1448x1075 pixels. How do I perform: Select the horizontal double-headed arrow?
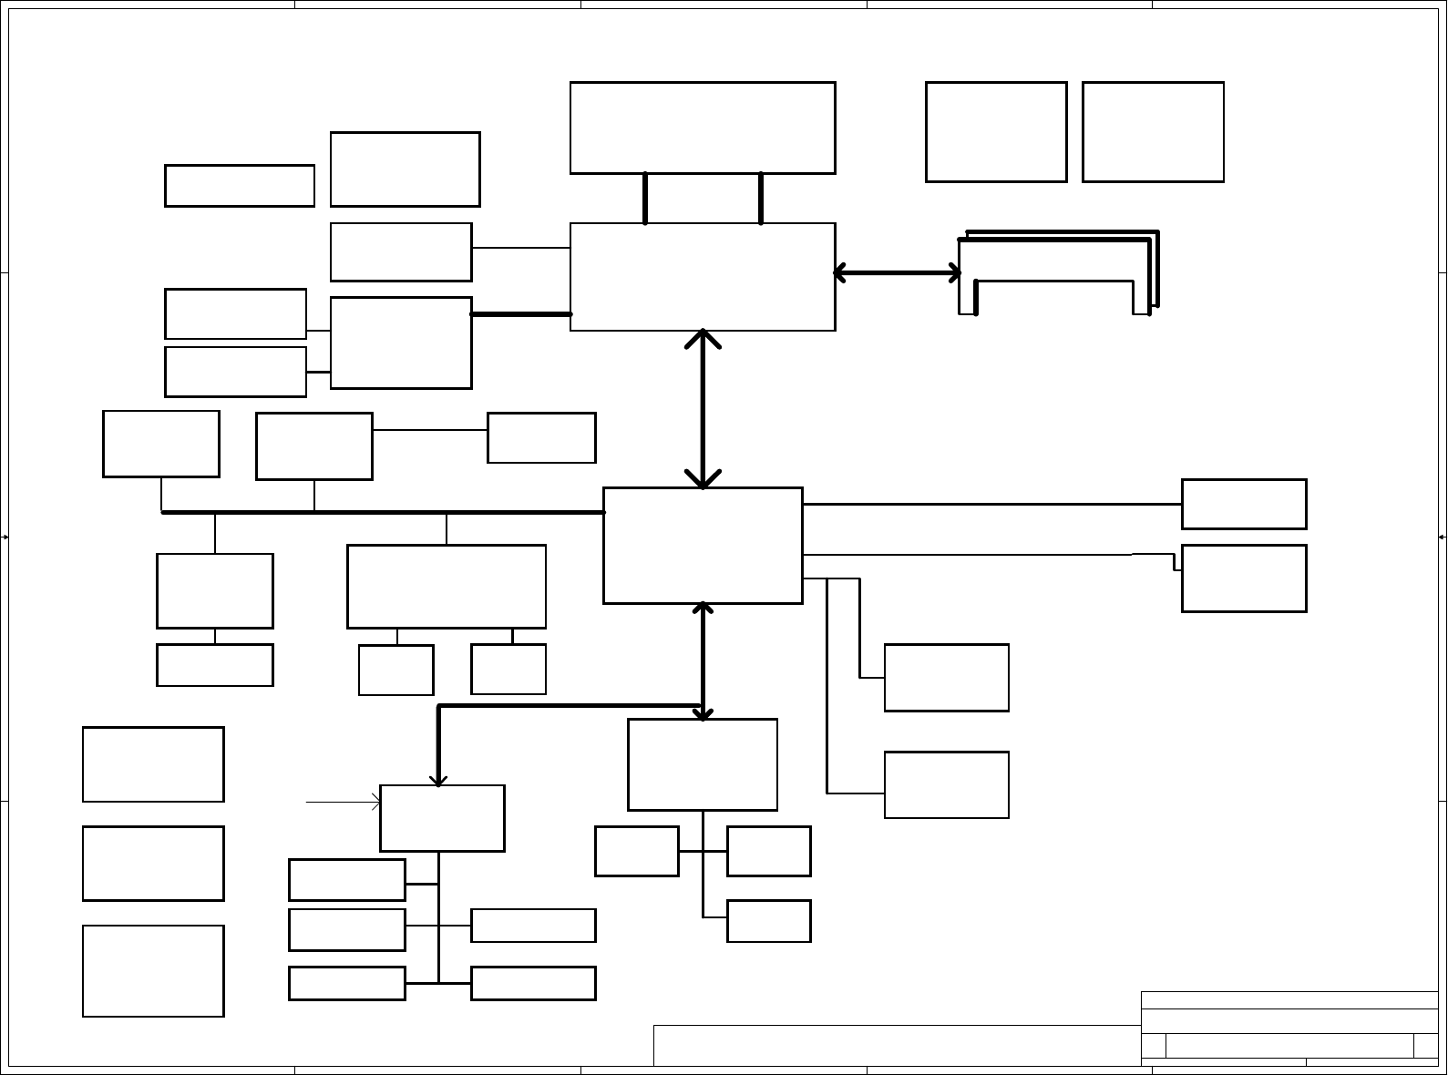pos(898,272)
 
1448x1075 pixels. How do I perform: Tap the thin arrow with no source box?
pos(343,803)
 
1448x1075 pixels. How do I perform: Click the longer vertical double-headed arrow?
pos(703,410)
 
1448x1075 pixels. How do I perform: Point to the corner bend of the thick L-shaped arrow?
pos(439,706)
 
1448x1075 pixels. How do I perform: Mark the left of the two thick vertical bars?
pos(645,198)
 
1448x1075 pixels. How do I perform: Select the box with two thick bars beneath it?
pos(703,128)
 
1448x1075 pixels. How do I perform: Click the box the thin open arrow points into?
pos(442,818)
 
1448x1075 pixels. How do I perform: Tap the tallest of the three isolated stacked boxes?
pos(153,971)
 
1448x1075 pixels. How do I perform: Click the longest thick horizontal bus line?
pos(383,513)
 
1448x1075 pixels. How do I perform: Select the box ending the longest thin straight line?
pos(1244,504)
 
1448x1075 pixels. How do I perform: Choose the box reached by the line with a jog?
pos(1244,578)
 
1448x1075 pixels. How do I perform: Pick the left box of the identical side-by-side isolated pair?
pos(996,132)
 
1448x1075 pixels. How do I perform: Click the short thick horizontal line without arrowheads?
pos(520,314)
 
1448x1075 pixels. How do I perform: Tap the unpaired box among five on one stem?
pos(347,880)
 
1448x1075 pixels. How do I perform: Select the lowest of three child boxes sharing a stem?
pos(768,921)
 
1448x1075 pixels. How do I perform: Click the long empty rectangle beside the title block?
pos(897,1045)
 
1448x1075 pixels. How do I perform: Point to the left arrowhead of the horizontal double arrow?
pos(839,272)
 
